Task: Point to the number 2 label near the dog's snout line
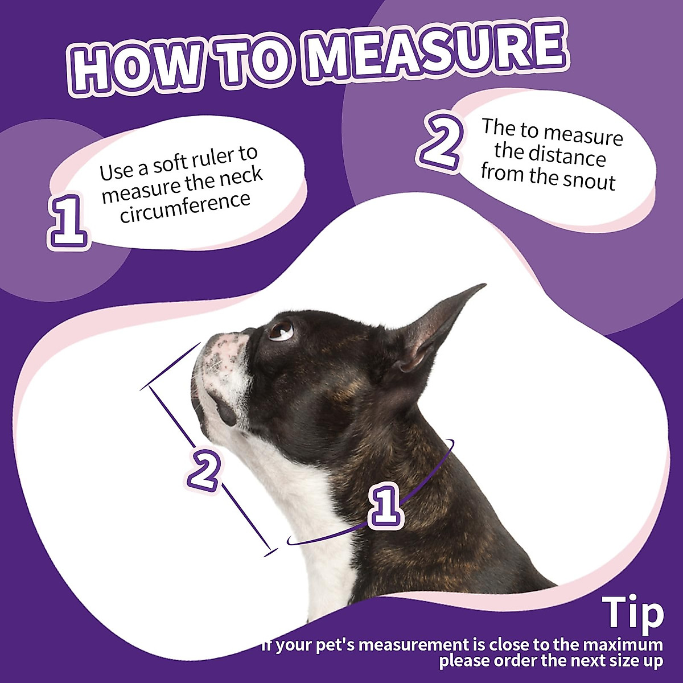click(203, 469)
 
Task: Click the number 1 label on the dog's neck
click(386, 503)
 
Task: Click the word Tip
click(633, 614)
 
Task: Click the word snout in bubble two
click(589, 181)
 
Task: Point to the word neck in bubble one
click(238, 178)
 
